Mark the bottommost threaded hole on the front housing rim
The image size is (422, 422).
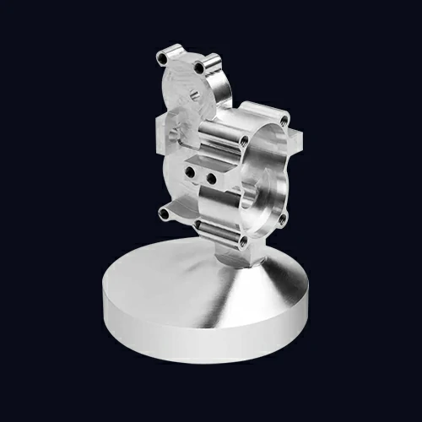tap(244, 241)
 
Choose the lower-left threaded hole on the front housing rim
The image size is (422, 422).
tap(199, 224)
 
